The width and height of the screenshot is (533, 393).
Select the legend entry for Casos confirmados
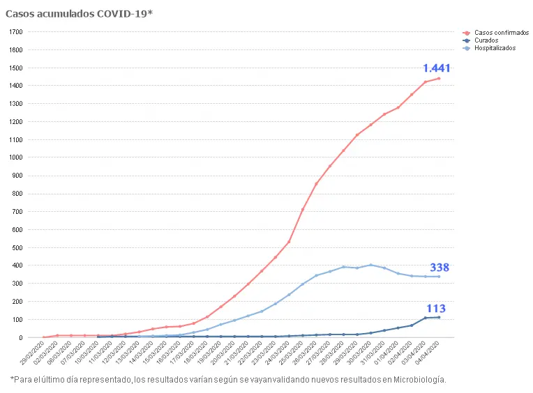(501, 33)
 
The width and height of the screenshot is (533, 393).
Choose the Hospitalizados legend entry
(495, 48)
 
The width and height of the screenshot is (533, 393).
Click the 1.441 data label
(437, 68)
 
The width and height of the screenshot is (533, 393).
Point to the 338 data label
(440, 268)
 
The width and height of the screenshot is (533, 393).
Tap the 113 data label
(436, 309)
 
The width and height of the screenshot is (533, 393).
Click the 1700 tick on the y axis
(17, 32)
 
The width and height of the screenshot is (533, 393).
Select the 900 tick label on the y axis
(19, 176)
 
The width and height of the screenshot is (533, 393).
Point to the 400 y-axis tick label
(19, 265)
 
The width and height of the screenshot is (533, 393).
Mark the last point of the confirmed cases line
(439, 79)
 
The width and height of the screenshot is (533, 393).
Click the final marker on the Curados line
(439, 318)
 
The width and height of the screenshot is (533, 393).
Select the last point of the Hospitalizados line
(439, 277)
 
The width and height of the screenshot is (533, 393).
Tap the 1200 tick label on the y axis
(17, 122)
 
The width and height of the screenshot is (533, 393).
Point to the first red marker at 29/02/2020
(44, 337)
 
